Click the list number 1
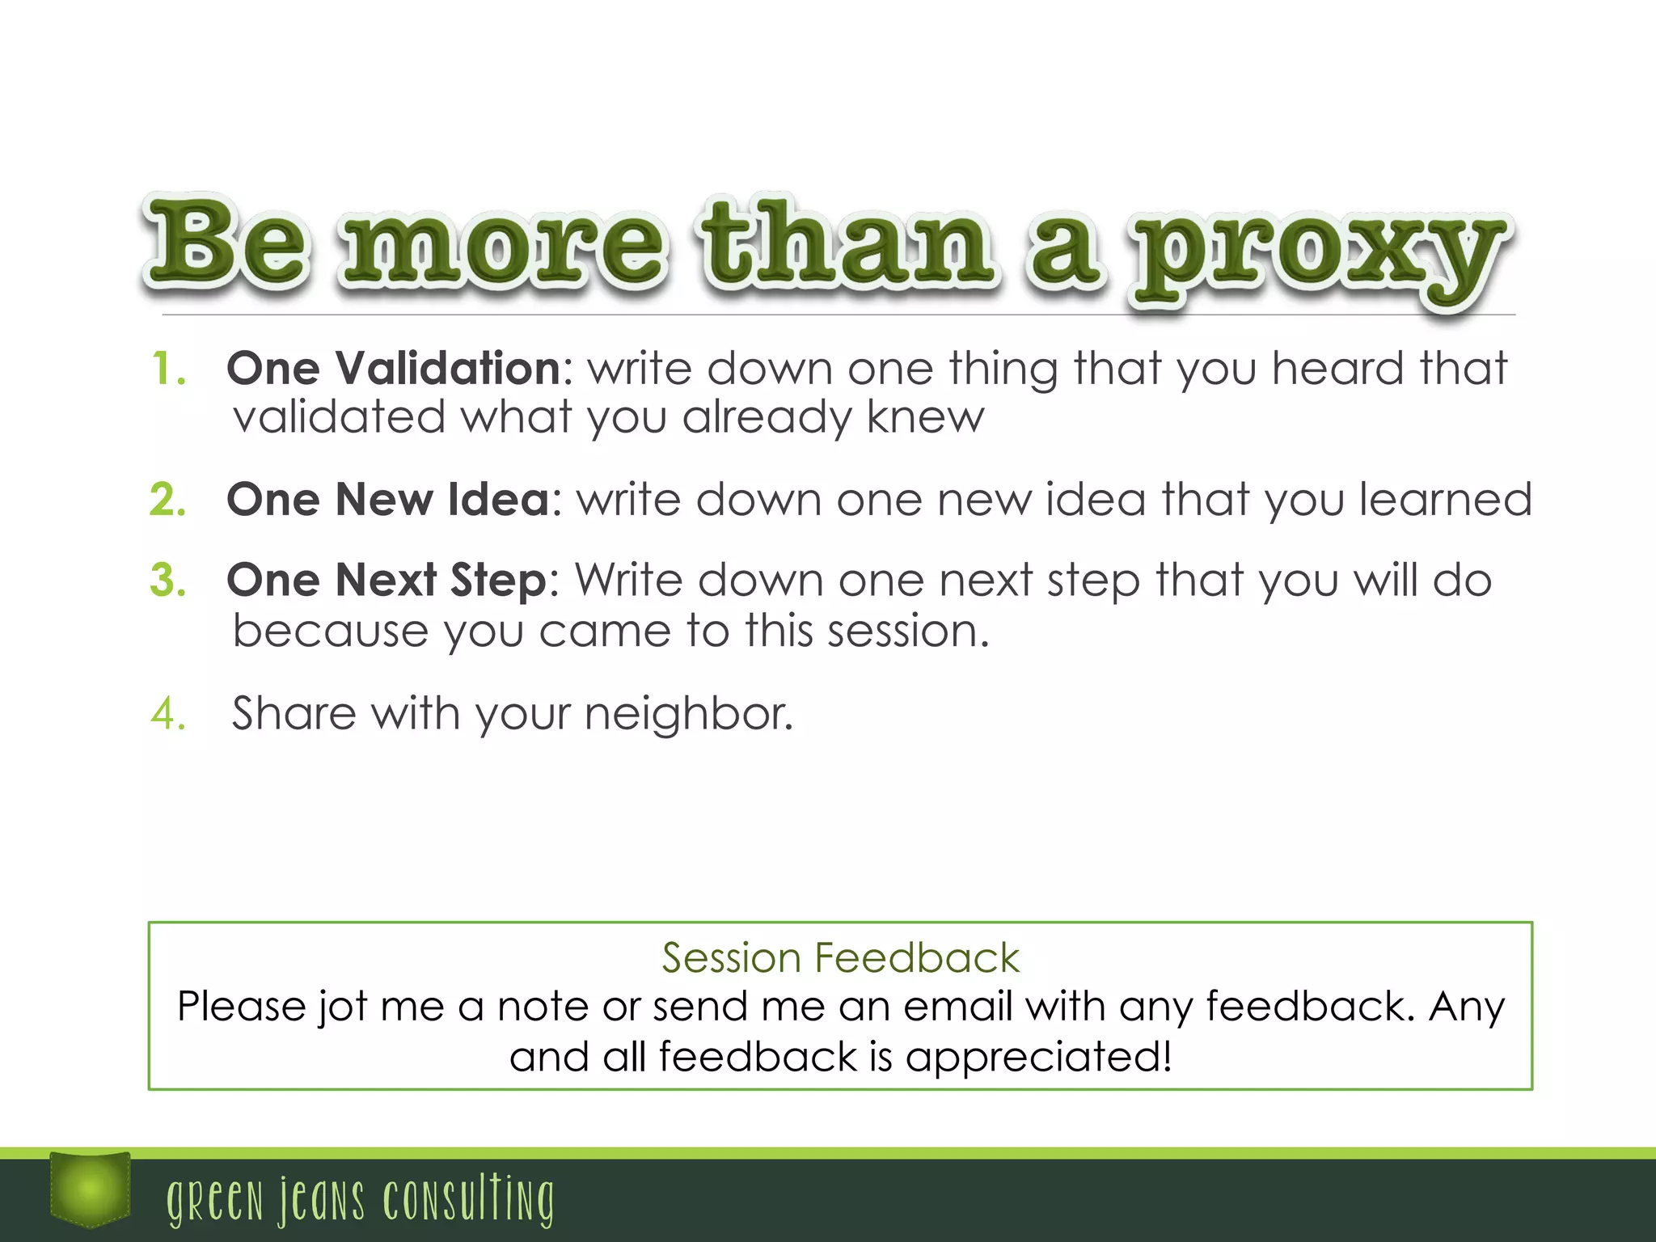pos(169,369)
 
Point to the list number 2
pos(169,499)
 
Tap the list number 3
pos(169,580)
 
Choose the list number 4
pos(169,713)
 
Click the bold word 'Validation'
pos(448,369)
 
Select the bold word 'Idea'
pos(499,499)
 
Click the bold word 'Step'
pos(499,581)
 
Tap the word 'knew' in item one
pos(925,417)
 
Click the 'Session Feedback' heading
pos(840,958)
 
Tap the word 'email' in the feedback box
pos(957,1007)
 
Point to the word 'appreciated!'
pos(1038,1057)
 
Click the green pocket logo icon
pos(90,1189)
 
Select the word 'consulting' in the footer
pos(469,1200)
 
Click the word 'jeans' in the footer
pos(322,1200)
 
